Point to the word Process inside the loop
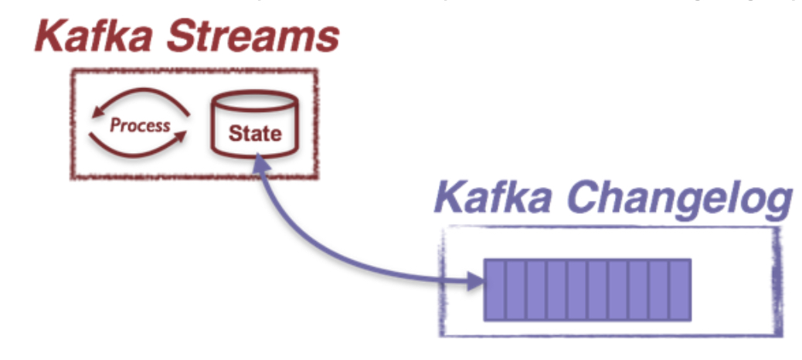coord(140,125)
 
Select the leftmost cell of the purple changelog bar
coord(495,290)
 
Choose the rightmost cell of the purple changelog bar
coord(679,290)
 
